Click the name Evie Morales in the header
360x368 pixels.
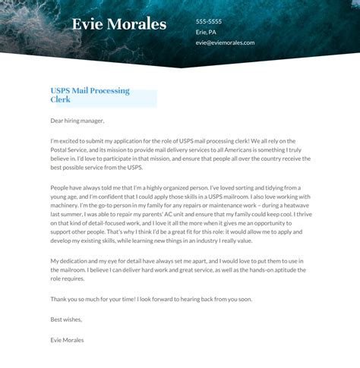click(x=118, y=24)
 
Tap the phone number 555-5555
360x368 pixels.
click(x=209, y=21)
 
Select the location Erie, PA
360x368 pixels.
click(x=207, y=32)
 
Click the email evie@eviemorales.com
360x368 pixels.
click(x=225, y=42)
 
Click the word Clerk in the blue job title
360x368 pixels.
click(x=60, y=99)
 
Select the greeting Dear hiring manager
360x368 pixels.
click(x=77, y=120)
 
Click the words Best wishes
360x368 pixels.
click(x=66, y=319)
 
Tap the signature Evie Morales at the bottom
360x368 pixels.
click(x=68, y=340)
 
